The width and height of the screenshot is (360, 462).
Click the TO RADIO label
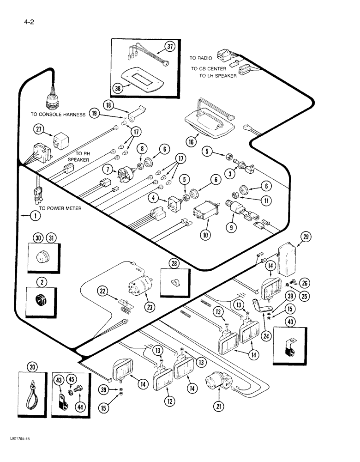(201, 58)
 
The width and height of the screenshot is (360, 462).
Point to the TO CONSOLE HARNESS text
(58, 115)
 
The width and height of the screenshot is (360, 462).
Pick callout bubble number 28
(174, 263)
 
